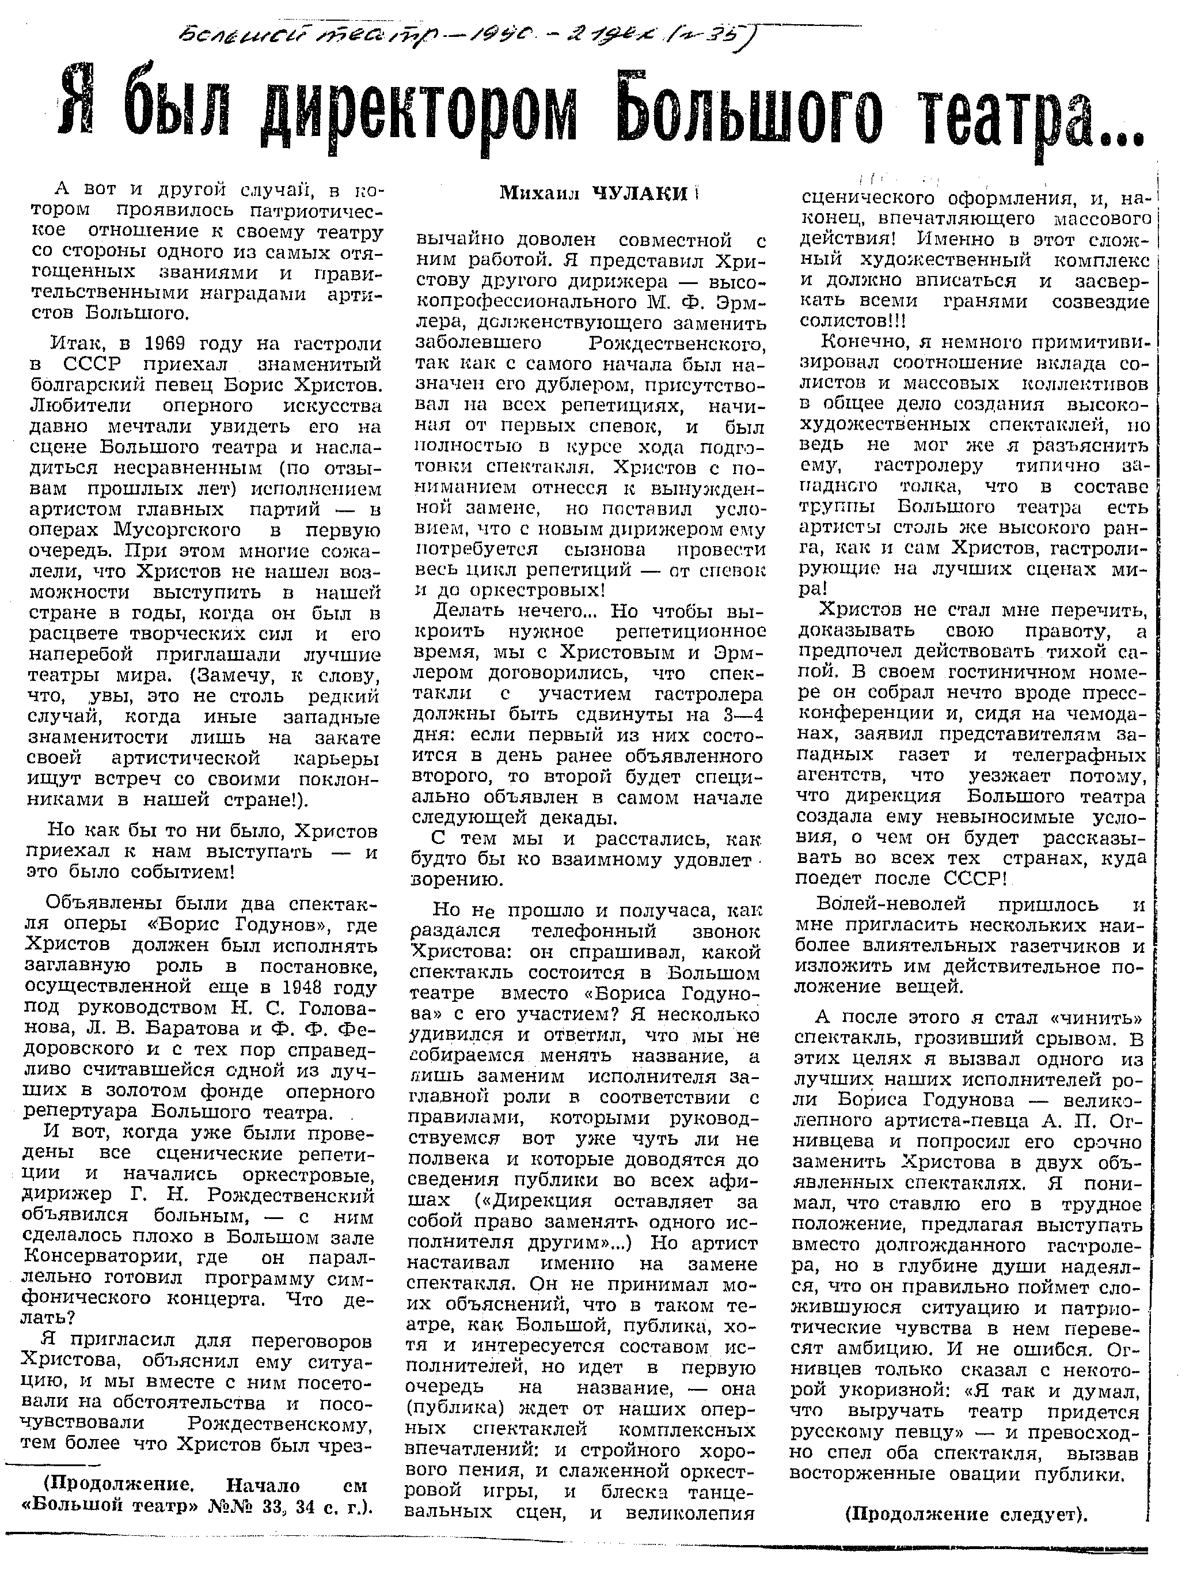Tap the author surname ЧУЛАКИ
click(x=640, y=192)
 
